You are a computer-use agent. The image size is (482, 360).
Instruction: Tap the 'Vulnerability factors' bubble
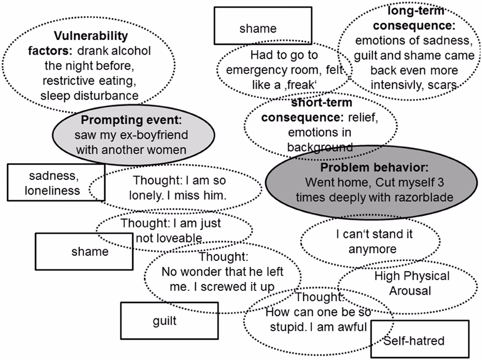(x=90, y=65)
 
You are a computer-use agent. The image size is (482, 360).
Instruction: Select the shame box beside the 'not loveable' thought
(x=82, y=251)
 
